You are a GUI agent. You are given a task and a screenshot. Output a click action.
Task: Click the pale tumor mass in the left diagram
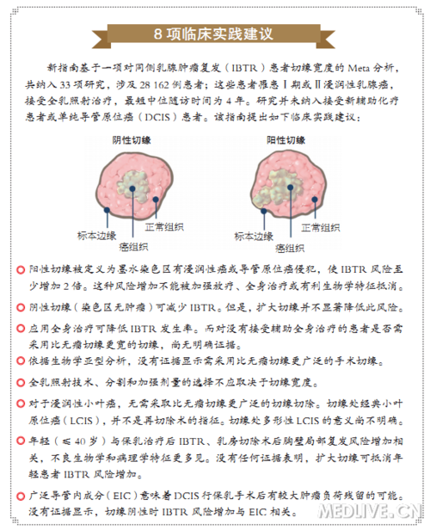pos(141,182)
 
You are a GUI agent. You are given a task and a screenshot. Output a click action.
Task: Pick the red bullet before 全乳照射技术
pos(20,379)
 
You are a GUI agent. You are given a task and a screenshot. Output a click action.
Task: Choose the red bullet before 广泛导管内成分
pos(20,495)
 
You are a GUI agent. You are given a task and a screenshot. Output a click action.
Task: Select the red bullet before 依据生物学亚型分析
pos(20,361)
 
